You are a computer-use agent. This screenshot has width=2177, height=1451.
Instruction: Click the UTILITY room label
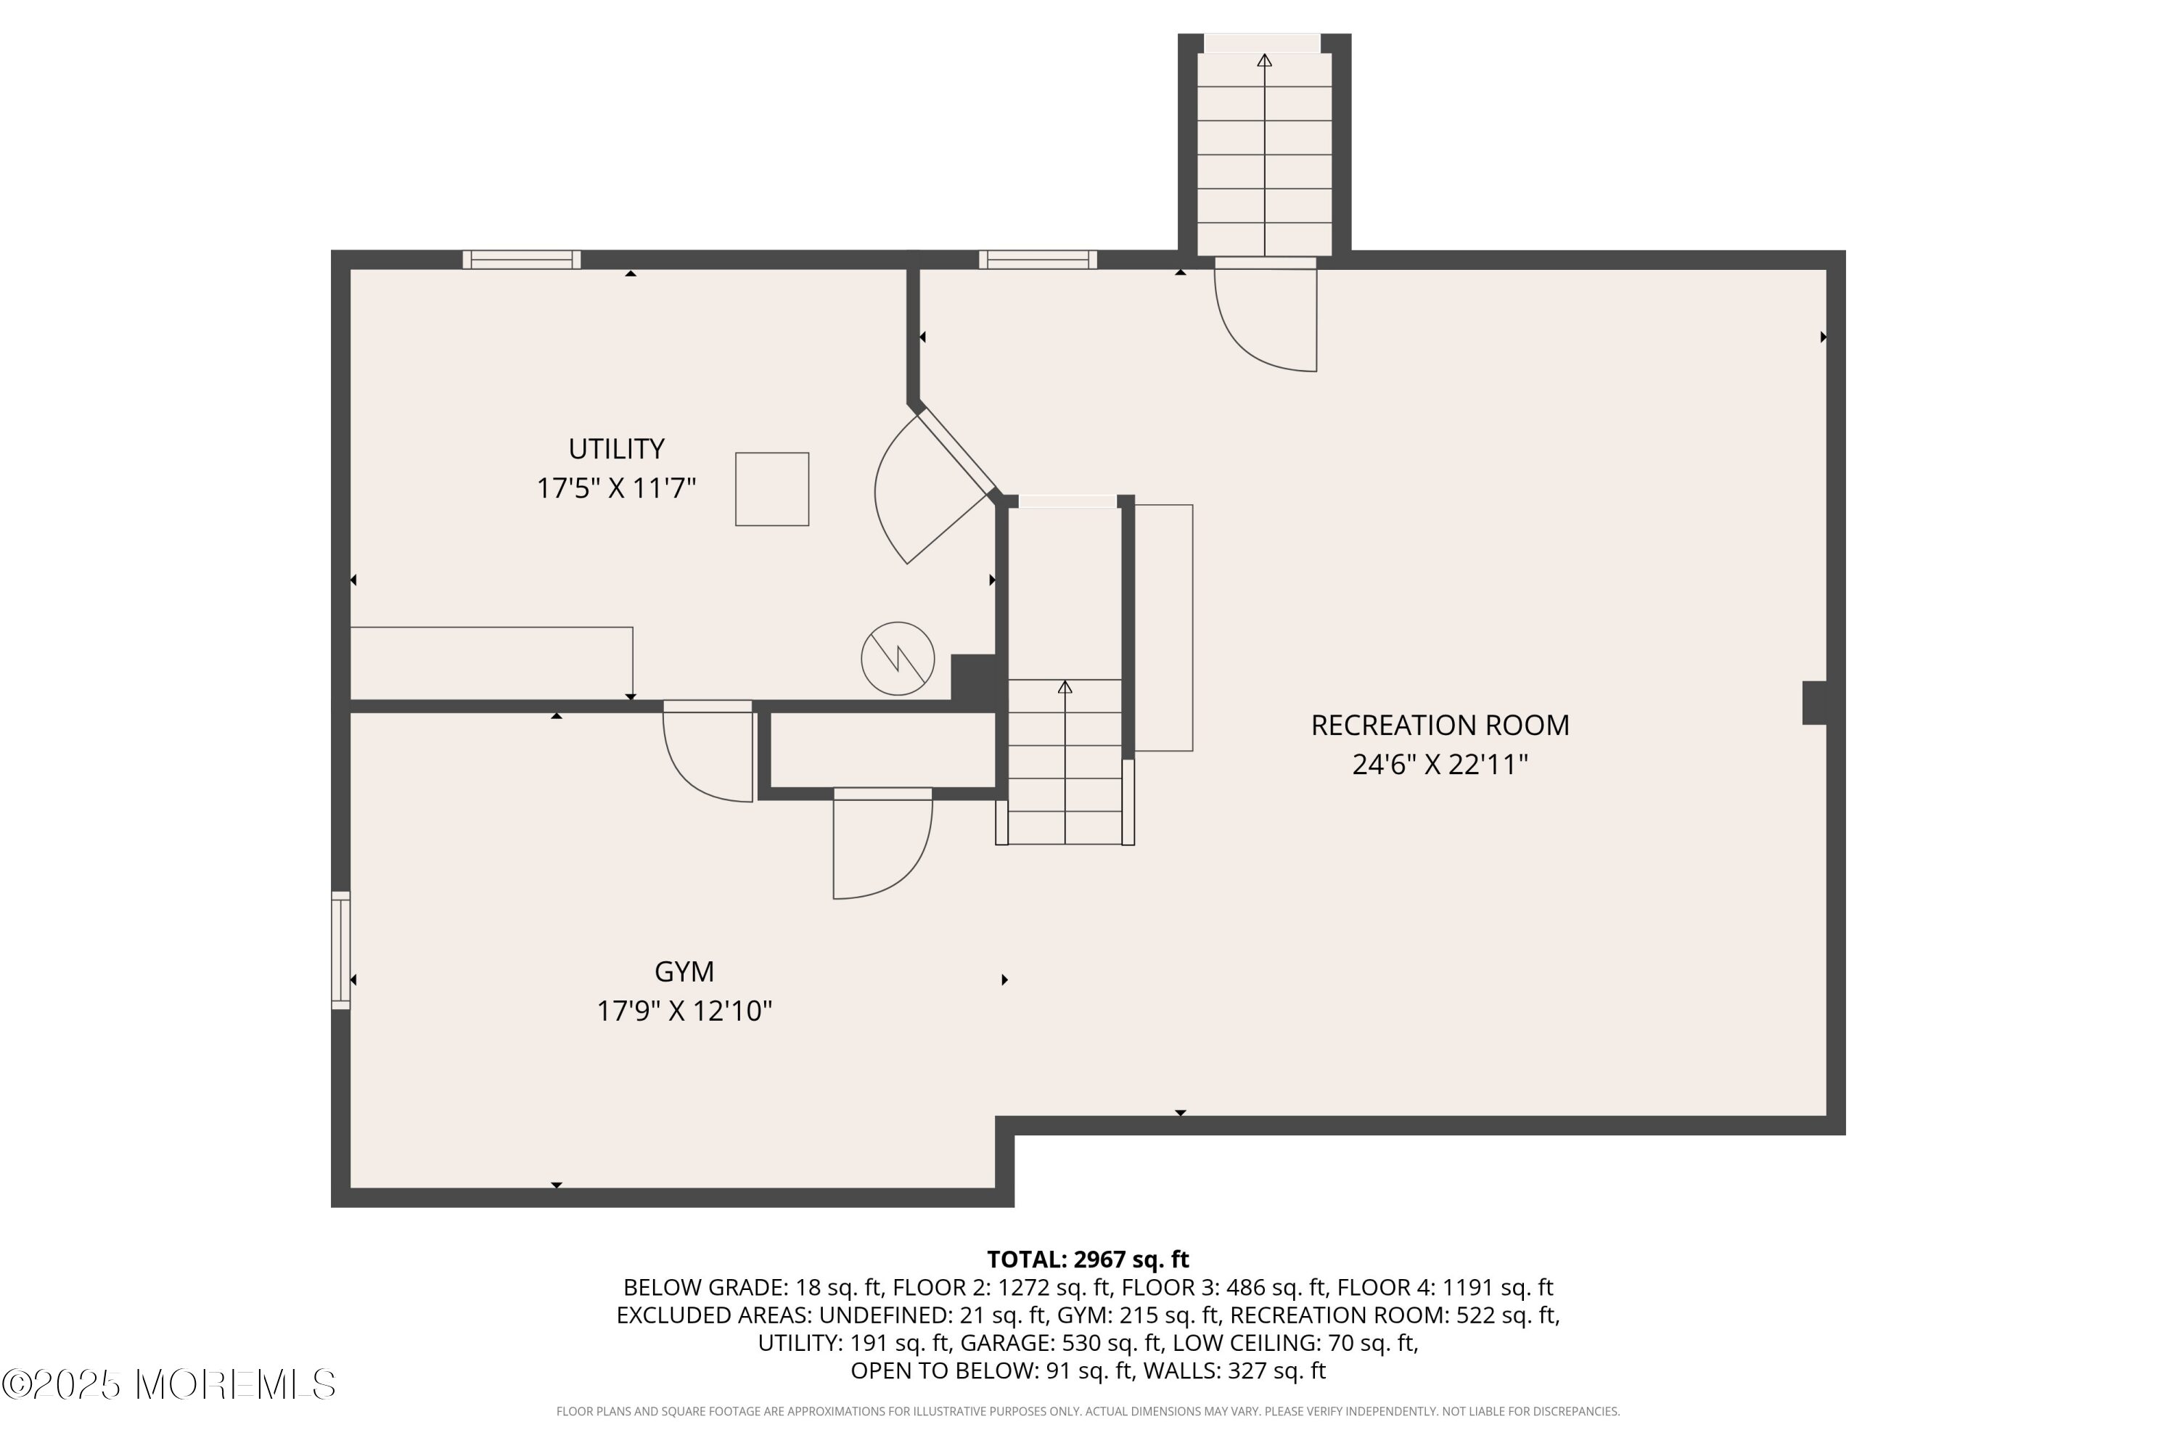pyautogui.click(x=616, y=449)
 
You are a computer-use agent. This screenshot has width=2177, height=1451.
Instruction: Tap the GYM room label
pyautogui.click(x=684, y=971)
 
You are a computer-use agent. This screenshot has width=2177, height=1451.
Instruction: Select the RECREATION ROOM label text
pyautogui.click(x=1440, y=725)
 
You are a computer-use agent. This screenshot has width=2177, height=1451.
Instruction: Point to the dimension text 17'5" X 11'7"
pyautogui.click(x=616, y=488)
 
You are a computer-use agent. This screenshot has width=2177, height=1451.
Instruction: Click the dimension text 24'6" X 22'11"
pyautogui.click(x=1440, y=765)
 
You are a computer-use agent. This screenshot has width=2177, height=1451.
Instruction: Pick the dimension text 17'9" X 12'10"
pyautogui.click(x=684, y=1011)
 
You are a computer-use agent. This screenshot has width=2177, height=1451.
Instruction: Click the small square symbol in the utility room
pyautogui.click(x=772, y=490)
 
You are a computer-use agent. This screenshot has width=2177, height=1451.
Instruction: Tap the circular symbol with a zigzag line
pyautogui.click(x=898, y=659)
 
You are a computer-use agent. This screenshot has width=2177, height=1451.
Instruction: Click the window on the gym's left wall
pyautogui.click(x=340, y=950)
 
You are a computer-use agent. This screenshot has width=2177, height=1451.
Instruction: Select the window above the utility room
pyautogui.click(x=522, y=259)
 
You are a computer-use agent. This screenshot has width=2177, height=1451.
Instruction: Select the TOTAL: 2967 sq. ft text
pyautogui.click(x=1088, y=1259)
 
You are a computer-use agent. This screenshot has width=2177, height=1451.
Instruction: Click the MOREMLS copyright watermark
pyautogui.click(x=169, y=1385)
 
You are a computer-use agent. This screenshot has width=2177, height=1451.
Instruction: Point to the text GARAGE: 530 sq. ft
pyautogui.click(x=1064, y=1343)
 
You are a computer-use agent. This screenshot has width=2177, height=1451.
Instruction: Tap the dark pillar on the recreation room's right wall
pyautogui.click(x=1814, y=703)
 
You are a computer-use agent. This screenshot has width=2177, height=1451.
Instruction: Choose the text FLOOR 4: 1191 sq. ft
pyautogui.click(x=1446, y=1287)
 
